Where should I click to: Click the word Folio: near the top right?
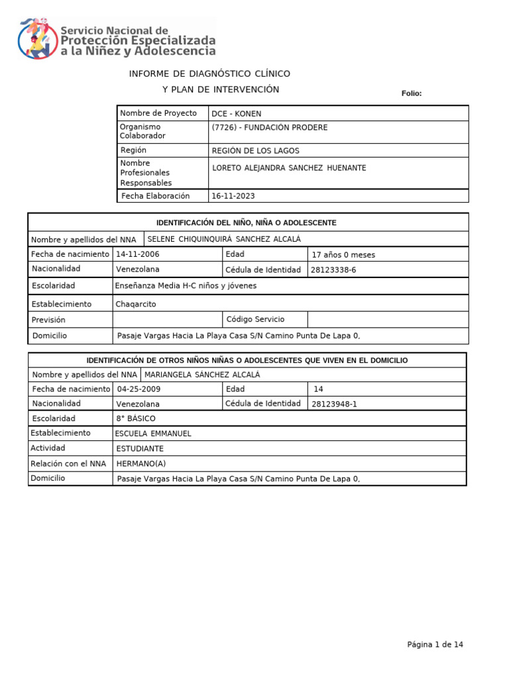coord(412,93)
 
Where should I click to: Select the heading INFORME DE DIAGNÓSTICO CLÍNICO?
coord(209,73)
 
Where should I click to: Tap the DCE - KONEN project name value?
coord(236,114)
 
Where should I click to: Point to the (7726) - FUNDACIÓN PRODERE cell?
coord(269,128)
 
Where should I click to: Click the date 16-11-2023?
coord(233,197)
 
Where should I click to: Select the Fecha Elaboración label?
coord(155,196)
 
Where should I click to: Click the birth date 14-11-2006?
coord(138,254)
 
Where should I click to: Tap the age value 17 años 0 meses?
coord(343,255)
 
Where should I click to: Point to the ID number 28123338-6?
coord(333,270)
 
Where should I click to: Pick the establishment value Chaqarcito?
coord(136,304)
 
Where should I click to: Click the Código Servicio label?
coord(255,319)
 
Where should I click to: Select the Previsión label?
coord(48,320)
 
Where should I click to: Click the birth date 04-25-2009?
coord(139,389)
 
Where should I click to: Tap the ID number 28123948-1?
coord(333,404)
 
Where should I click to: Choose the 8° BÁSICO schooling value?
coord(136,418)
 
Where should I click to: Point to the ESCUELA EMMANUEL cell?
coord(153,434)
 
